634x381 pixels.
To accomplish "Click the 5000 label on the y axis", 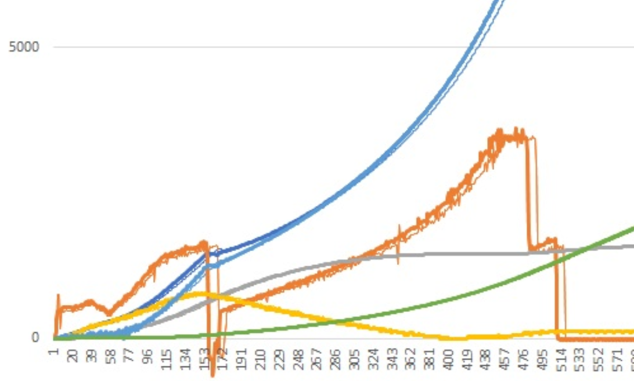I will (x=24, y=46).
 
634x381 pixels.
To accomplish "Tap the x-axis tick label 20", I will (x=72, y=355).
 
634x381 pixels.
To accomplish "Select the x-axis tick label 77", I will (x=129, y=355).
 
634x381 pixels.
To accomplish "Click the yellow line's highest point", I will (x=200, y=294).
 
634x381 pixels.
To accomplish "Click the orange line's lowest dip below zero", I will (x=213, y=374).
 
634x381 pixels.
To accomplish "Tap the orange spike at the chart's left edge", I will (x=58, y=296).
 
